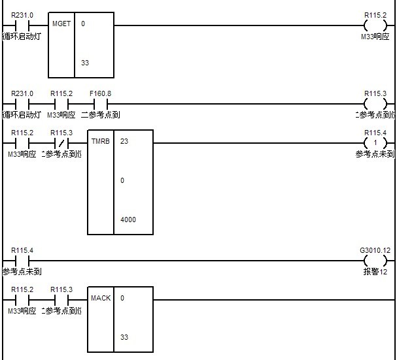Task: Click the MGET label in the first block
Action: pos(61,24)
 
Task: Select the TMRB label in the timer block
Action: pos(100,142)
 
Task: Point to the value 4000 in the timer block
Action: pos(128,220)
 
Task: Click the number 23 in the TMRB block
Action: pos(124,142)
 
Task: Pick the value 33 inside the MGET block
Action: pos(85,63)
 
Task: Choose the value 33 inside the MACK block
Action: pos(124,338)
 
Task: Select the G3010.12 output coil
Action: pos(375,260)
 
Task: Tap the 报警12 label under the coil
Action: pos(375,271)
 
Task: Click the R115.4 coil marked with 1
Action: pos(375,142)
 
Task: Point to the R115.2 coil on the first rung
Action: pos(375,25)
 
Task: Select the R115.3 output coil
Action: pos(375,103)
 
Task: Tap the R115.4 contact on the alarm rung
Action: pos(22,260)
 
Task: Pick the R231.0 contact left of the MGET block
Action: pos(22,25)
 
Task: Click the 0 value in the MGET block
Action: pos(83,24)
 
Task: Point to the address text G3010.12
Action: pos(375,250)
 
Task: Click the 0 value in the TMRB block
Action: pos(122,181)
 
